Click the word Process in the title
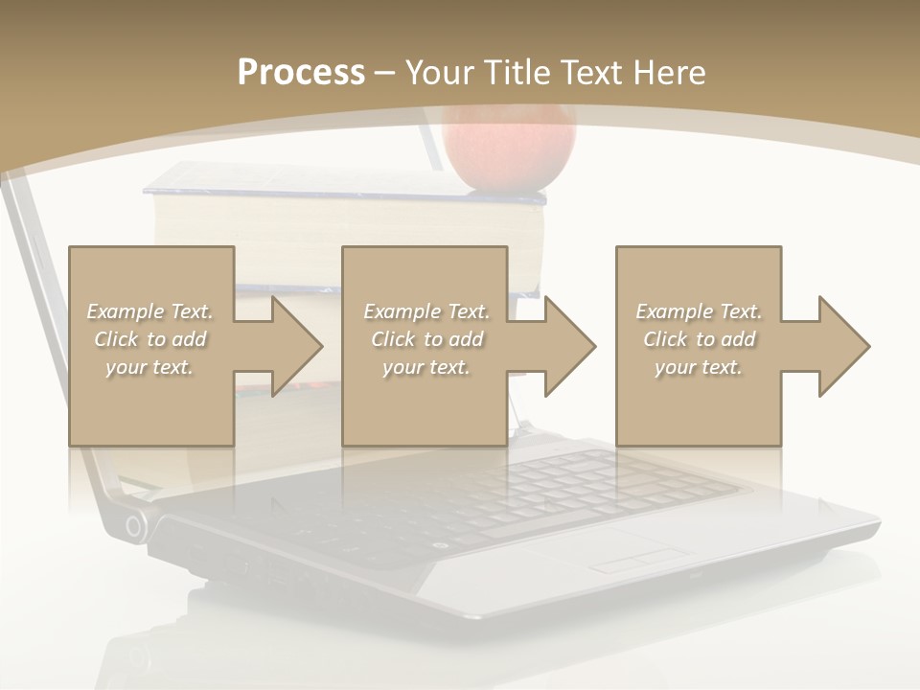(x=300, y=73)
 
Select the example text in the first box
(x=150, y=339)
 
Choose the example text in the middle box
(x=425, y=339)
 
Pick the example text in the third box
(x=699, y=339)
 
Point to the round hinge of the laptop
(x=135, y=525)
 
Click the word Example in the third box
(x=675, y=311)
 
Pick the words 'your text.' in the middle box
(x=425, y=367)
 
